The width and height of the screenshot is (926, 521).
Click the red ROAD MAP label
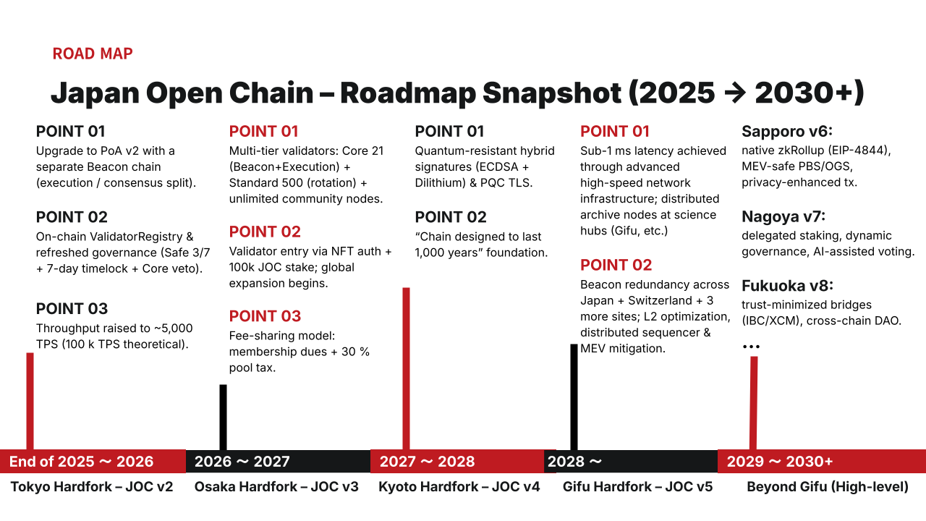[x=93, y=54]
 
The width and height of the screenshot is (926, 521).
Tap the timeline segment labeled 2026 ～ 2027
[x=242, y=462]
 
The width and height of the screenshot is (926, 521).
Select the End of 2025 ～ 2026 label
[x=81, y=462]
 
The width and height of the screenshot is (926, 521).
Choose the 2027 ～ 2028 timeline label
[x=427, y=462]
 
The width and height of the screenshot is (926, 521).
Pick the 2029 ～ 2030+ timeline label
[x=779, y=462]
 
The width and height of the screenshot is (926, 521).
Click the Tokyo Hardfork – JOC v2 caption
[x=92, y=486]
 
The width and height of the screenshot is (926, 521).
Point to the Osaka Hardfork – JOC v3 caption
[x=276, y=486]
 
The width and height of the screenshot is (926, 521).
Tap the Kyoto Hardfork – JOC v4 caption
[x=459, y=486]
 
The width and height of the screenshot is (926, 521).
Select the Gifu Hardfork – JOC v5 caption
[x=637, y=486]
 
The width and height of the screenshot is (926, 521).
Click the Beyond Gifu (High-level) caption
[x=828, y=486]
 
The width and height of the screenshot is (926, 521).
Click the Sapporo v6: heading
[x=787, y=132]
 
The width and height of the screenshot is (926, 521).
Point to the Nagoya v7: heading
[x=783, y=216]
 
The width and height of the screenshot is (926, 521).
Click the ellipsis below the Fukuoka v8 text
[x=751, y=347]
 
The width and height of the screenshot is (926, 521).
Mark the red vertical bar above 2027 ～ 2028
[x=406, y=368]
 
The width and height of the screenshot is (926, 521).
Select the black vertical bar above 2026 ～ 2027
[x=223, y=417]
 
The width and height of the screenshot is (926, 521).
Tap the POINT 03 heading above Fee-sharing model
[x=265, y=316]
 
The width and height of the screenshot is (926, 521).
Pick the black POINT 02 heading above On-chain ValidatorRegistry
[x=72, y=217]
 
